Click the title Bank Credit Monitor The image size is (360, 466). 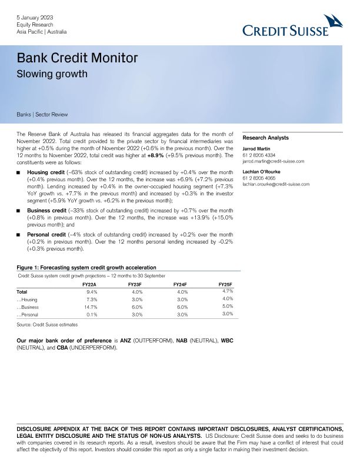(x=78, y=58)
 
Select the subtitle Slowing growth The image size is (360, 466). (x=52, y=74)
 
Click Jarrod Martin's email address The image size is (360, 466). (x=273, y=161)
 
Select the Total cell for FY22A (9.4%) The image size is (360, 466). (x=92, y=291)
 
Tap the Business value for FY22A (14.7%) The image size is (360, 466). (x=90, y=307)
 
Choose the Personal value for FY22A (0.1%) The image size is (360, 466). (x=91, y=315)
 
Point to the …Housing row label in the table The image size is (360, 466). (x=28, y=299)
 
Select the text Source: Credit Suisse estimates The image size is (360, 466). (x=47, y=325)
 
